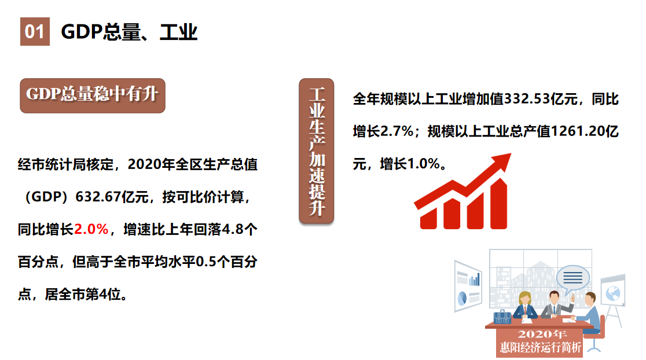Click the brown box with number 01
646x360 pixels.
coord(35,31)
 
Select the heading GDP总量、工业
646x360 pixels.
coord(129,32)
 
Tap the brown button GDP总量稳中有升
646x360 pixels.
coord(93,95)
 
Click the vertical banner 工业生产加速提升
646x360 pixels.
coord(316,152)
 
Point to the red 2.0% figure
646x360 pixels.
coord(91,230)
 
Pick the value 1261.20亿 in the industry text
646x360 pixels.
coord(585,132)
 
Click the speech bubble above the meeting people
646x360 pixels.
coord(572,278)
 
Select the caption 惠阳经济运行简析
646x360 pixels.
coord(541,347)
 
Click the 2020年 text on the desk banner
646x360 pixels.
coord(540,335)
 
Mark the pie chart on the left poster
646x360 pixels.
coord(463,298)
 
